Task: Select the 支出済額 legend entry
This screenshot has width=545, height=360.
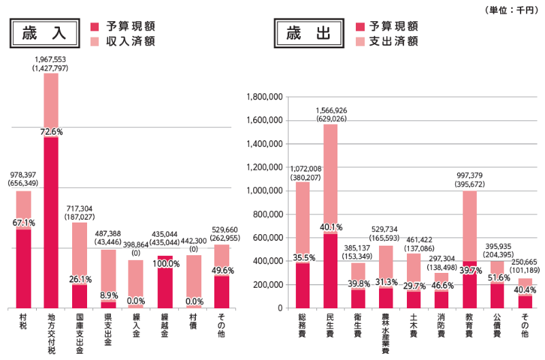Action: coord(386,42)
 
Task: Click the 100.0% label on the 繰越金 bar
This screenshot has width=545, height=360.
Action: coord(165,263)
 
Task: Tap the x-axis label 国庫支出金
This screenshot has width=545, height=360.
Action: coord(80,332)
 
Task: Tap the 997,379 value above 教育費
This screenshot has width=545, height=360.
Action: coord(470,175)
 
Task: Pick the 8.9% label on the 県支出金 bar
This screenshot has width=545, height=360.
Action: coord(109,295)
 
